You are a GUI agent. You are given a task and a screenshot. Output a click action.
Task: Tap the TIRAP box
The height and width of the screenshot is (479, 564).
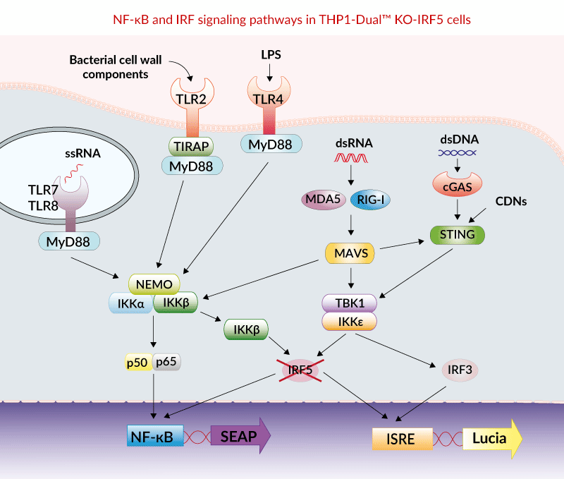[x=188, y=145]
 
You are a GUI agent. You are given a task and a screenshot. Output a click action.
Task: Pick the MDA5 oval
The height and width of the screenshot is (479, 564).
[x=324, y=200]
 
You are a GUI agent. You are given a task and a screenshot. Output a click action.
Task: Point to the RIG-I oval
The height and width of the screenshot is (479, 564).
[x=370, y=200]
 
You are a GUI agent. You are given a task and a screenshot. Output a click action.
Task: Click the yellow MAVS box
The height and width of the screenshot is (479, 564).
[x=348, y=252]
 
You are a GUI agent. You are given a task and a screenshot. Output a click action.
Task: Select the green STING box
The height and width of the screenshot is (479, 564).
[x=458, y=234]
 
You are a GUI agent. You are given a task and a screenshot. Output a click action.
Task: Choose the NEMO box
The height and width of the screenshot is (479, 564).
[x=154, y=284]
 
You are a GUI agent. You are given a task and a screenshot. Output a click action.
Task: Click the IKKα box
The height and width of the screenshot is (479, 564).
[x=130, y=303]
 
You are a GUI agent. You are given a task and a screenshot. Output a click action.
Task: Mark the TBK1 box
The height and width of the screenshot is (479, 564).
[x=348, y=303]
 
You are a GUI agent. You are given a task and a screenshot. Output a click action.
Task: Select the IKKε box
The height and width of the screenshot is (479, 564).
[x=348, y=322]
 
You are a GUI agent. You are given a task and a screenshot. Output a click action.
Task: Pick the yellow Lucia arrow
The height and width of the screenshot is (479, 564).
[x=493, y=439]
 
